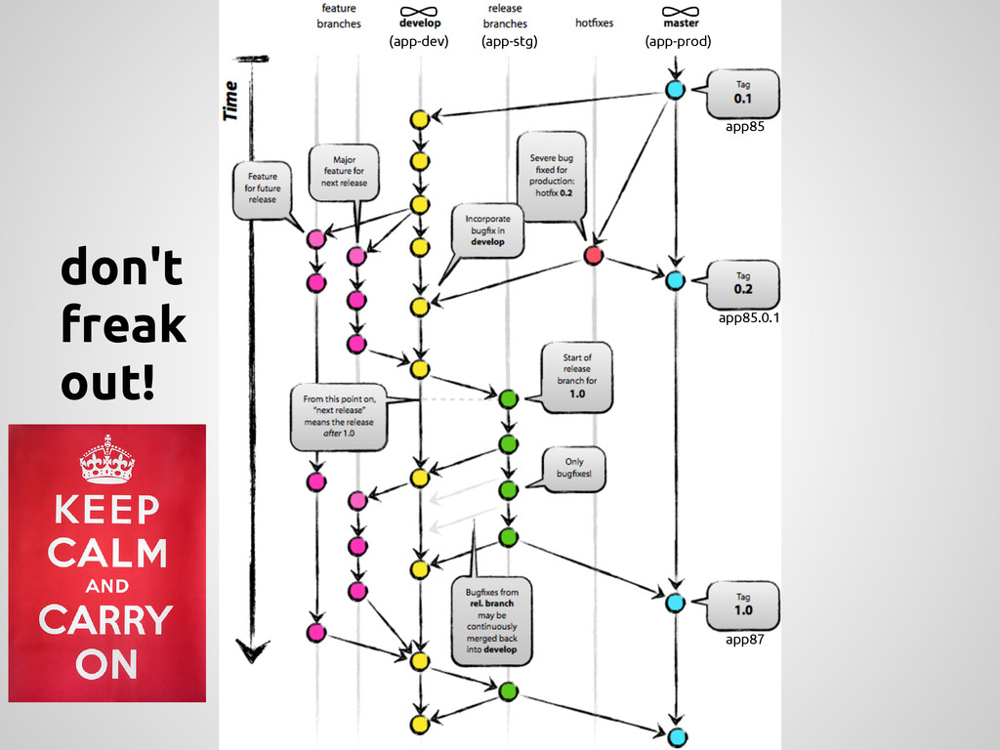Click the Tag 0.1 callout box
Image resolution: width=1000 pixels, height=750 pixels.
click(743, 93)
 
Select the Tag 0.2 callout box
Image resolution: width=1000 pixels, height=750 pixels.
click(743, 283)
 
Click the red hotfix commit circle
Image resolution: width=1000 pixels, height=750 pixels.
click(593, 256)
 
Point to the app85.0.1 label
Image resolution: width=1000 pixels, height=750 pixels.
click(749, 317)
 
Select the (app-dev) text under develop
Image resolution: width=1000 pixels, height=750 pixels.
click(418, 41)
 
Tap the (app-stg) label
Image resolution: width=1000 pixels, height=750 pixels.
click(509, 41)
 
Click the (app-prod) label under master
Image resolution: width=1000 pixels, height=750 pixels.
click(678, 41)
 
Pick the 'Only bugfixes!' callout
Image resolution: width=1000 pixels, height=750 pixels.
click(574, 469)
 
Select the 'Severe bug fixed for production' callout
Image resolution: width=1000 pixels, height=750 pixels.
click(551, 176)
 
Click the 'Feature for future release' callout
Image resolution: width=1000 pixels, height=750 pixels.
click(261, 188)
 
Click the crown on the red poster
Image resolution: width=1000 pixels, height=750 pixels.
click(106, 460)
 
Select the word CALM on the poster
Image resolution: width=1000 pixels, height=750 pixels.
click(106, 554)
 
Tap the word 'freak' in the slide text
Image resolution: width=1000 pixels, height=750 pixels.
click(123, 324)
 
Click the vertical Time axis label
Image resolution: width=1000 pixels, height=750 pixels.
click(230, 101)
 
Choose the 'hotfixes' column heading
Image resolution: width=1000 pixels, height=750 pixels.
click(594, 22)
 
